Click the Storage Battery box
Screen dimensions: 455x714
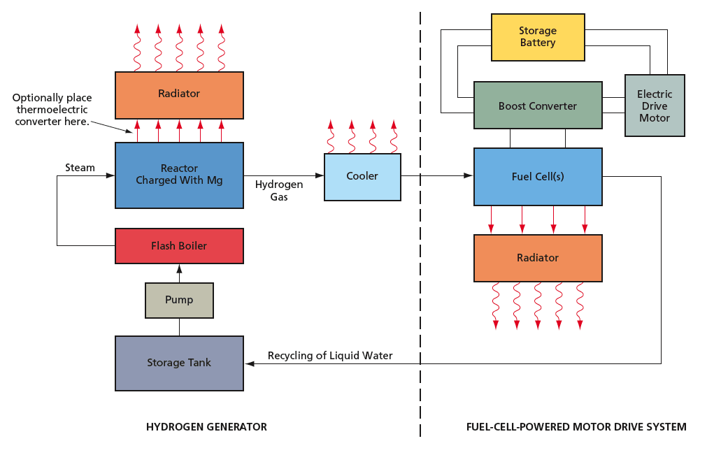(538, 37)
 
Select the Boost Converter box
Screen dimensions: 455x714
(538, 106)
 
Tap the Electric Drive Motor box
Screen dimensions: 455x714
(655, 106)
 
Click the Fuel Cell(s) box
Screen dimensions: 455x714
(538, 176)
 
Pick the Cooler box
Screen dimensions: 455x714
(362, 177)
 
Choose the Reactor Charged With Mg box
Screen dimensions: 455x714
(179, 175)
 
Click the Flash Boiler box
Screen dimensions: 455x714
(179, 245)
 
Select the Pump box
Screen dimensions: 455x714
(179, 300)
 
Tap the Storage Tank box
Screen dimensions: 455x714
(179, 363)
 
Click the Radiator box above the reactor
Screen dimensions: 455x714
(179, 94)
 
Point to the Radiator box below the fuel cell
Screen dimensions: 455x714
(538, 258)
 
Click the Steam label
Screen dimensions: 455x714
(80, 168)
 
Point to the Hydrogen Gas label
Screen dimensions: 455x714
(279, 191)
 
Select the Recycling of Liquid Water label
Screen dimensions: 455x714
(330, 356)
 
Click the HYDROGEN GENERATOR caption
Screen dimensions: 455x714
(206, 427)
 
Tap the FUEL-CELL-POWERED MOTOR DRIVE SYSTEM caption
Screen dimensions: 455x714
(576, 427)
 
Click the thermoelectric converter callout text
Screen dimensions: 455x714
(53, 110)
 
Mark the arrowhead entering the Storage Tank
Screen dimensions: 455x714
(249, 363)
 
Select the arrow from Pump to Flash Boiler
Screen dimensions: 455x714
(179, 273)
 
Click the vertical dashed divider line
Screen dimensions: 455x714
(420, 280)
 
